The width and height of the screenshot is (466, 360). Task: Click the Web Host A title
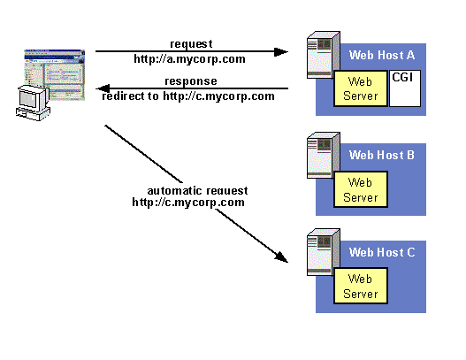coord(382,55)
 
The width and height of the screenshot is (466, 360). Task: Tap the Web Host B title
coord(382,155)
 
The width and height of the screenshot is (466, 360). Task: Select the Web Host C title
coord(382,252)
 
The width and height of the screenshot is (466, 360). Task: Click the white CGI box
coord(405,88)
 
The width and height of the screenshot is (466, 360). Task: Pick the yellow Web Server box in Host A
coord(361,88)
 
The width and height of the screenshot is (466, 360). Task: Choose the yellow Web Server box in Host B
coord(361,189)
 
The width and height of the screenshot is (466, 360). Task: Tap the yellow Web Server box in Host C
coord(361,286)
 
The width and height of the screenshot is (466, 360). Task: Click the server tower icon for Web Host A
coord(324,55)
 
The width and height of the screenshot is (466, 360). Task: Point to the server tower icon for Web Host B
coord(324,155)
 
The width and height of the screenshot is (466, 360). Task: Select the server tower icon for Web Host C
coord(324,252)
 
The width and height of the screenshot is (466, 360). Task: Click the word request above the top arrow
coord(191,44)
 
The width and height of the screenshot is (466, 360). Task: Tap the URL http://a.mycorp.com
coord(189,59)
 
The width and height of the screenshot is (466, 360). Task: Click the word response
coord(191,81)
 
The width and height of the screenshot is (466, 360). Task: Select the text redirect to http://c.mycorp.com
coord(188,96)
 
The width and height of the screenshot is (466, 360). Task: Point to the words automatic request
coord(197,190)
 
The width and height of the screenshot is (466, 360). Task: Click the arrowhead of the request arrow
coord(281,51)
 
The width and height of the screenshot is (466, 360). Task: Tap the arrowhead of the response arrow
coord(103,88)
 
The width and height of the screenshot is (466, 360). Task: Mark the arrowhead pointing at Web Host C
coord(282,257)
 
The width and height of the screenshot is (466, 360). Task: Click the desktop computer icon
coord(33,103)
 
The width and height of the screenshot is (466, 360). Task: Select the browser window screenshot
coord(55,74)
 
